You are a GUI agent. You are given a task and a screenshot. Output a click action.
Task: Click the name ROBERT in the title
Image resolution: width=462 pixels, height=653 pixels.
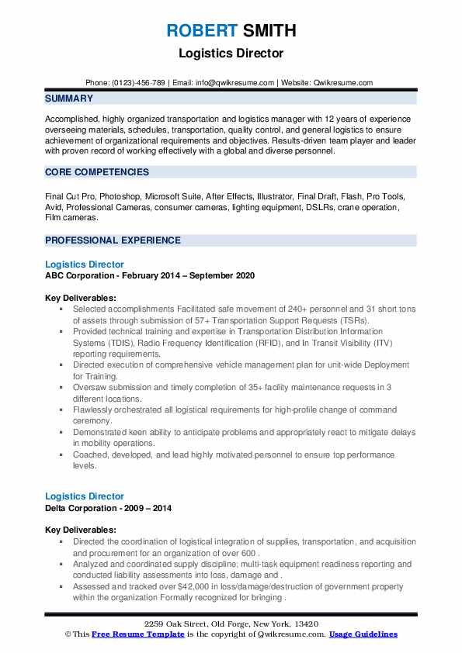pyautogui.click(x=200, y=32)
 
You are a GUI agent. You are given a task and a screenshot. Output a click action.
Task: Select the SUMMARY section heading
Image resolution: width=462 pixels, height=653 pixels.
pyautogui.click(x=69, y=98)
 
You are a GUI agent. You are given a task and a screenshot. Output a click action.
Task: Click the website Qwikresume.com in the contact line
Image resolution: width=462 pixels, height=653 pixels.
pyautogui.click(x=342, y=83)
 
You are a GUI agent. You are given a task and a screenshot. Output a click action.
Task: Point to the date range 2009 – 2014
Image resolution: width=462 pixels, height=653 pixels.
pyautogui.click(x=150, y=508)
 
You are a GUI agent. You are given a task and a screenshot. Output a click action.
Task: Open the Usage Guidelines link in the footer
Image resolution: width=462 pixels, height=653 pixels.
pyautogui.click(x=363, y=634)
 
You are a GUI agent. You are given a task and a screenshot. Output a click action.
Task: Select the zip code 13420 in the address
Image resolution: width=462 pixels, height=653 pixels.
pyautogui.click(x=305, y=624)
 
